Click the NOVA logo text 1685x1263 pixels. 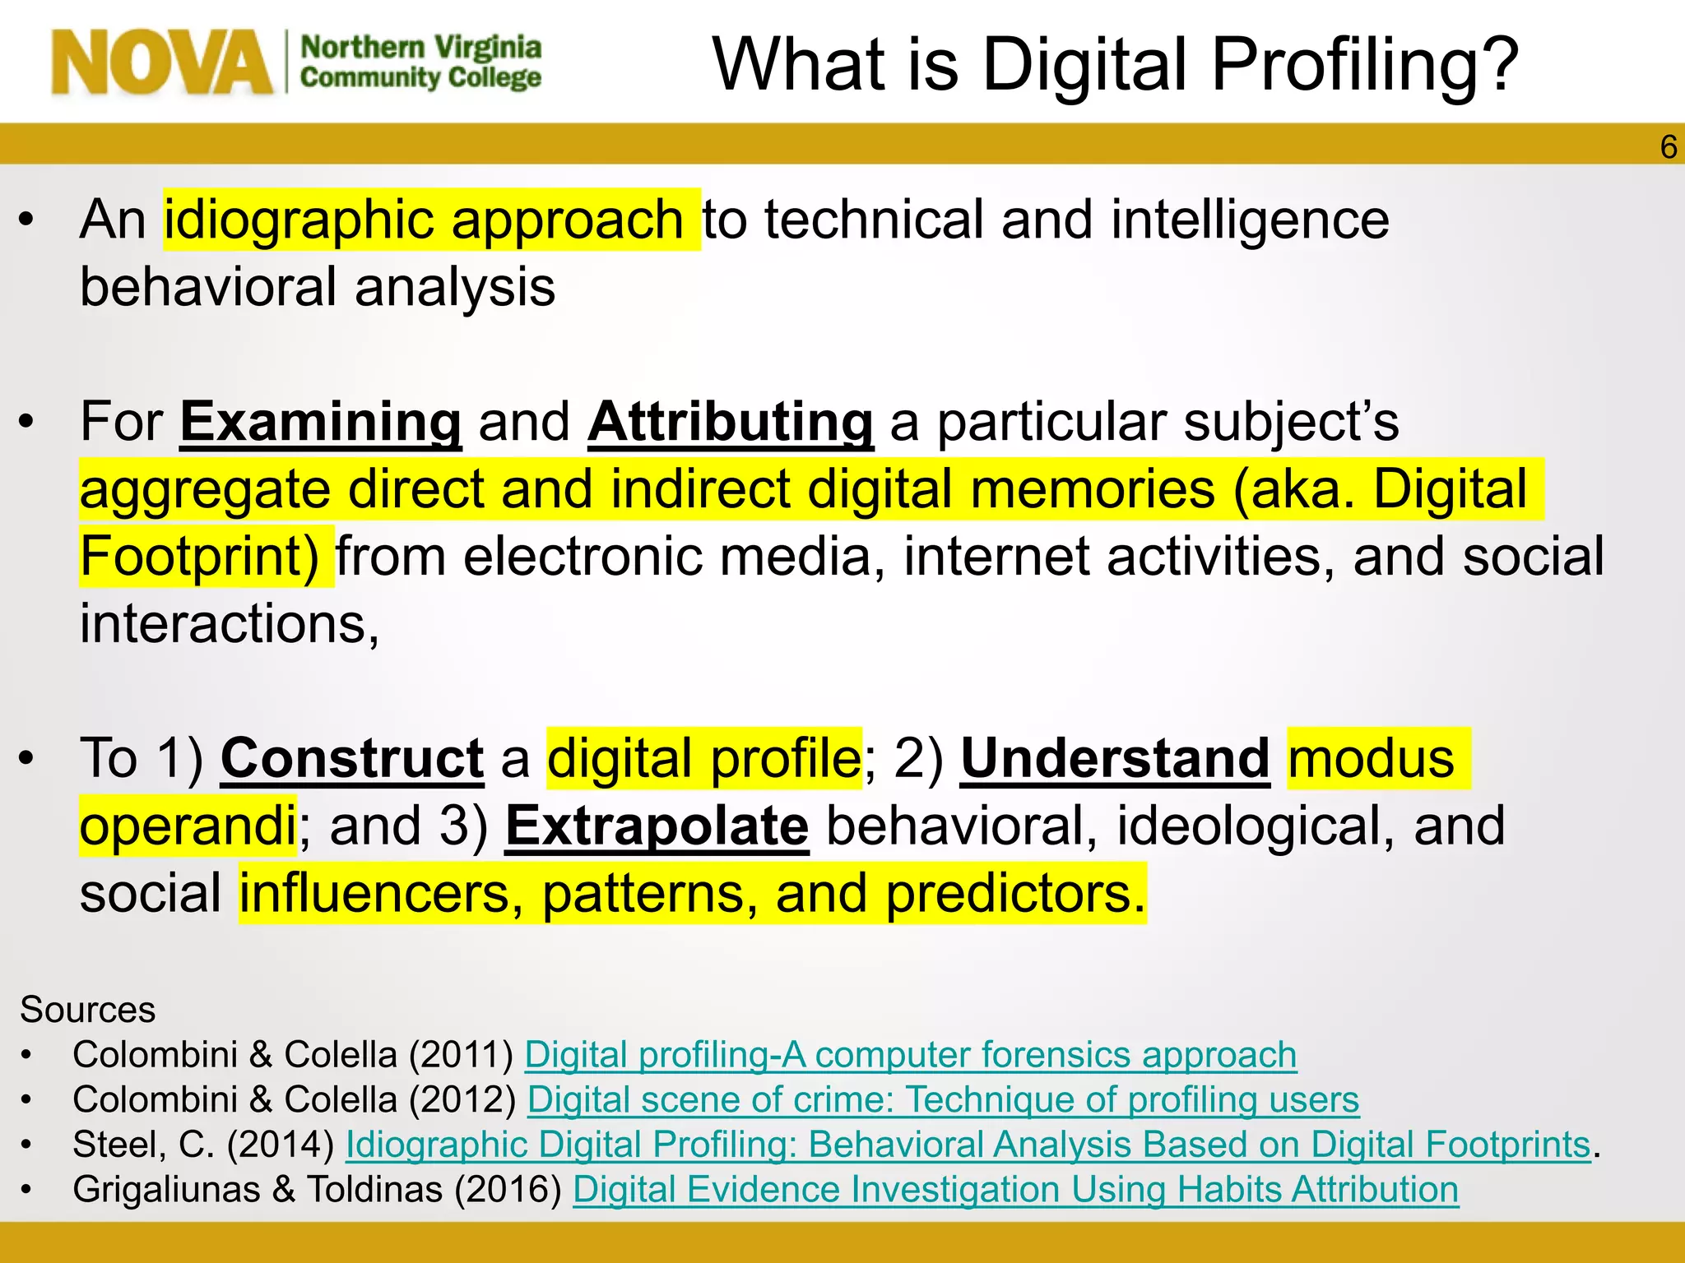point(161,62)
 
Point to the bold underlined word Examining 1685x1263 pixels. point(321,422)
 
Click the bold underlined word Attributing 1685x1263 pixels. point(731,422)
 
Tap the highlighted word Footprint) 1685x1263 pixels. point(200,557)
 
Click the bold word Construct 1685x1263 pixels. point(352,758)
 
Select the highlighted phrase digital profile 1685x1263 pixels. point(704,758)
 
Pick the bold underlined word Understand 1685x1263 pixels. point(1115,758)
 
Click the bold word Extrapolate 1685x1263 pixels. point(657,826)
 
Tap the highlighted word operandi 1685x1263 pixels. point(188,826)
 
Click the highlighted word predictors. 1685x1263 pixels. point(1015,894)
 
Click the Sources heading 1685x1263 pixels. point(87,1010)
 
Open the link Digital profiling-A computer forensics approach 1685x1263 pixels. point(910,1055)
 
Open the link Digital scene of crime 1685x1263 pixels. point(943,1100)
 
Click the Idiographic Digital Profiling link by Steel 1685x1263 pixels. point(968,1145)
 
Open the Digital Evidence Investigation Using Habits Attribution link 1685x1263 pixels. point(1015,1190)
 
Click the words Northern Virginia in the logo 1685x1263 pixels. point(420,48)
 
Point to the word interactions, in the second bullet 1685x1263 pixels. point(230,624)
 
